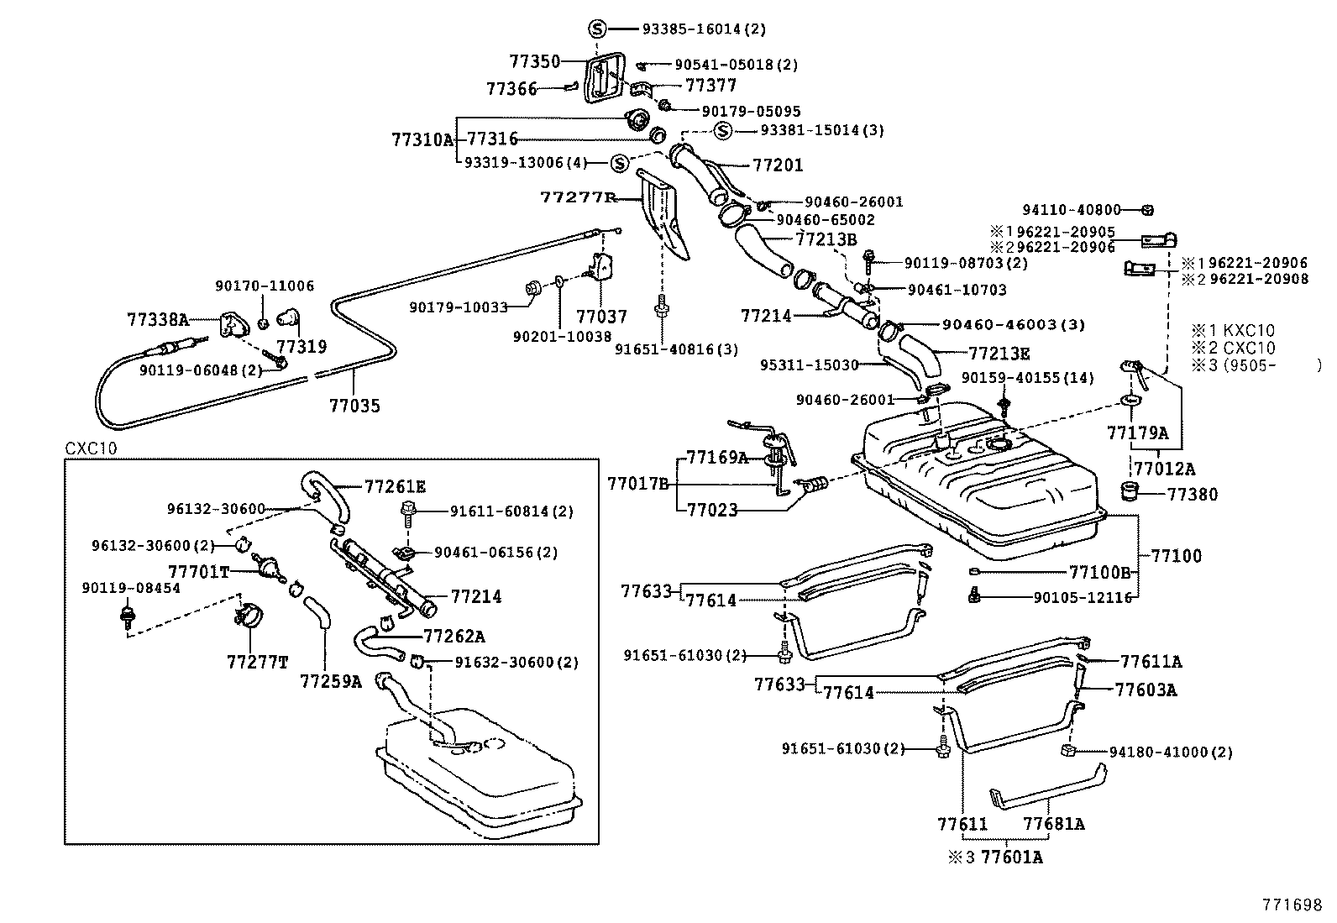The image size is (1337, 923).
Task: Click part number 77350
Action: coord(534,61)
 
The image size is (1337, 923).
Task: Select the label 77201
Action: coord(778,165)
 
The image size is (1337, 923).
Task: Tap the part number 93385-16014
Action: coord(691,29)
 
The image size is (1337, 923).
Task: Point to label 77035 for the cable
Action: coord(354,406)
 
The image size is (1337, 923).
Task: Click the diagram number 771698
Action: coord(1292,905)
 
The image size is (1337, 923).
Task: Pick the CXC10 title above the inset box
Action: coord(91,448)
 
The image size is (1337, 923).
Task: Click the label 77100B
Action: coord(1099,573)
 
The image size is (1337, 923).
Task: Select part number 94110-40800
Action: coord(1072,210)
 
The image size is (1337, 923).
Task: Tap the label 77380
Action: coord(1192,495)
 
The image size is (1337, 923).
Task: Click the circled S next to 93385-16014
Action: coord(597,29)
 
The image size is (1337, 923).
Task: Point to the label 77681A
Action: coord(1053,824)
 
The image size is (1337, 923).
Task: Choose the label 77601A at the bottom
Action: coord(1012,857)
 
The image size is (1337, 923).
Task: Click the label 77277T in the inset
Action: coord(257,662)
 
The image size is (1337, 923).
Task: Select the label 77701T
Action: coord(199,572)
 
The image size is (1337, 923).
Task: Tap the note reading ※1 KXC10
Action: coord(1233,330)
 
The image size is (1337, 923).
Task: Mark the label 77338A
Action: coord(158,320)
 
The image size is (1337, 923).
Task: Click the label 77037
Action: coord(601,317)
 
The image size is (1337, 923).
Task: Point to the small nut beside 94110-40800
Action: coord(1146,210)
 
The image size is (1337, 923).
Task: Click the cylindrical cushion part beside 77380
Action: coord(1130,490)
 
